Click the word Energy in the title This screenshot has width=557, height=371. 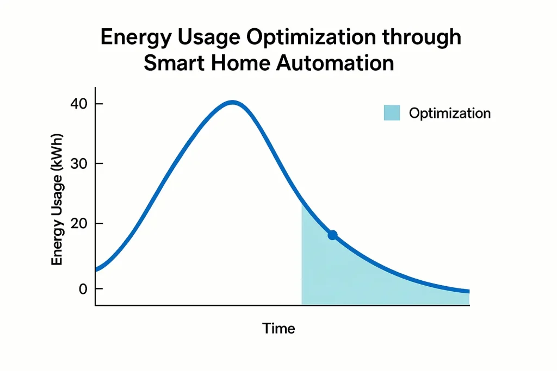tap(134, 38)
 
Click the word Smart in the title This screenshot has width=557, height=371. tap(173, 62)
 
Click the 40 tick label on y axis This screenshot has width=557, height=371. tap(79, 104)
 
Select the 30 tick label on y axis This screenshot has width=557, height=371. tap(79, 164)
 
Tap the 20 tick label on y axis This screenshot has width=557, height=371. tap(79, 224)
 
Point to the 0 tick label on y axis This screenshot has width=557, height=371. tap(83, 289)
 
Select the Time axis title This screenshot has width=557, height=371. tap(278, 329)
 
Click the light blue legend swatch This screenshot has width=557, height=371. tap(392, 113)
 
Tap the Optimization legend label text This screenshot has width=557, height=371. tap(450, 113)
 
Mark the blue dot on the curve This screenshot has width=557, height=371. tap(332, 235)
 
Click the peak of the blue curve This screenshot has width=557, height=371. tap(233, 102)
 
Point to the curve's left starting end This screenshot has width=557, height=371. tap(96, 269)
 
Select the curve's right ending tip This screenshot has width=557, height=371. tap(468, 292)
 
